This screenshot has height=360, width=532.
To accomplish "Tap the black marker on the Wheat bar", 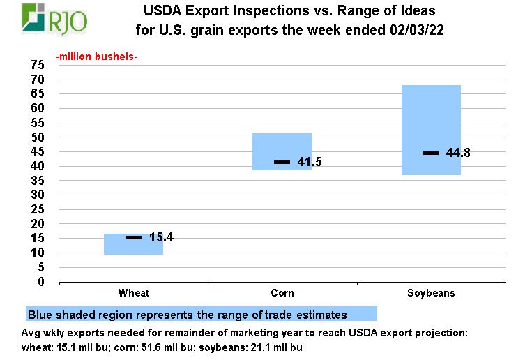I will tap(133, 238).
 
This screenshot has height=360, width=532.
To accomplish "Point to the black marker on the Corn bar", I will tap(282, 162).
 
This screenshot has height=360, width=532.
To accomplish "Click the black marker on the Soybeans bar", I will tap(431, 153).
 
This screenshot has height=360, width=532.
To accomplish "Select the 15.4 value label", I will tap(161, 238).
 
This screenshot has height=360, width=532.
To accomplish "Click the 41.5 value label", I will tap(310, 162).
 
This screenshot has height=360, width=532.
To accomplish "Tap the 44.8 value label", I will tap(458, 153).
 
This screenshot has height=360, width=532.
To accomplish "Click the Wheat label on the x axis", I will tap(133, 293).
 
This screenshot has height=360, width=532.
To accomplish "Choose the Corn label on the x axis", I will tap(282, 293).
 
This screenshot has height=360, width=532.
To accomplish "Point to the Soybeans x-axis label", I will tap(431, 293).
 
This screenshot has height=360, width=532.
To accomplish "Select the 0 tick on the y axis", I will tap(41, 282).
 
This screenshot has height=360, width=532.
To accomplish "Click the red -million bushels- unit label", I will tap(96, 57).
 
